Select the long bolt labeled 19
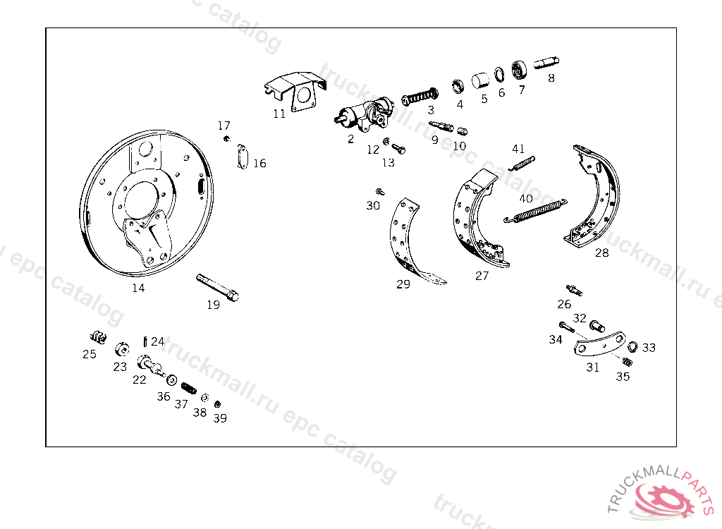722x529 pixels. (x=217, y=288)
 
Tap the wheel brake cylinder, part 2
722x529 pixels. (x=364, y=115)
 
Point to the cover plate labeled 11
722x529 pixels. (x=295, y=91)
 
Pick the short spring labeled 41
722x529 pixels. (x=522, y=164)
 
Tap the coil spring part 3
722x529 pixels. (x=420, y=97)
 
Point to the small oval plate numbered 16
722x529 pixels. (x=243, y=157)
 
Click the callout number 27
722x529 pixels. (x=482, y=276)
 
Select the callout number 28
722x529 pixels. (x=602, y=253)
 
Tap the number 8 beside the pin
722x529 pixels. (x=551, y=78)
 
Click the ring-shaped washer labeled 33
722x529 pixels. (x=632, y=346)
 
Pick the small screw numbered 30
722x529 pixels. (x=380, y=192)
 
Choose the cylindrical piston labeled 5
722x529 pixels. (x=480, y=80)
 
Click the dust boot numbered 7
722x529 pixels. (x=520, y=71)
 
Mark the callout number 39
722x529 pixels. (x=220, y=418)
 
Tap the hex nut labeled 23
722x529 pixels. (x=122, y=349)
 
